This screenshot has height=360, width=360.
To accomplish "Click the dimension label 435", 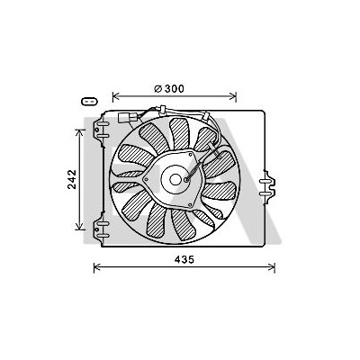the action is [x=184, y=259].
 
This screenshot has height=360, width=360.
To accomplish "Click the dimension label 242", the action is [x=72, y=179].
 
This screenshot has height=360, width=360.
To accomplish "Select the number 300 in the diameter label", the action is [x=174, y=89].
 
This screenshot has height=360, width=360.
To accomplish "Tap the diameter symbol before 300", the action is [x=158, y=89].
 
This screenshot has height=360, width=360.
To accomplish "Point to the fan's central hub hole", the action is [x=175, y=180].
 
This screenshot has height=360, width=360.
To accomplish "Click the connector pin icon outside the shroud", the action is [x=90, y=102].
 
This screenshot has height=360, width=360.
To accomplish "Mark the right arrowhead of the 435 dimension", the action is [x=272, y=266].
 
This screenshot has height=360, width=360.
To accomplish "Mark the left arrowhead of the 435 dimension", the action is [x=97, y=266].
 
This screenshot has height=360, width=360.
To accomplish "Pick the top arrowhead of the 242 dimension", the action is [x=79, y=132].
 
